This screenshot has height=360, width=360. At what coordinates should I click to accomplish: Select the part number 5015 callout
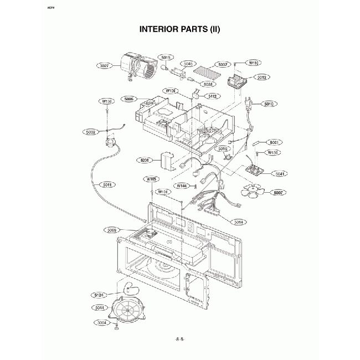pos(167,57)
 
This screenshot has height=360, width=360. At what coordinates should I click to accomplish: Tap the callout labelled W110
pos(254,63)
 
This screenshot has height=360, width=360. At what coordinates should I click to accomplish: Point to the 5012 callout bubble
pos(263,78)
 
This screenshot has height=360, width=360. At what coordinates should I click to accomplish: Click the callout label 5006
pos(129,99)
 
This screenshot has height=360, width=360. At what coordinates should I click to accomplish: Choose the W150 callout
pos(106,102)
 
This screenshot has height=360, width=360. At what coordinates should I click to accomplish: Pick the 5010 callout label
pos(270,104)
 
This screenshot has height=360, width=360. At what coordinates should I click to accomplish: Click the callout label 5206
pos(145,161)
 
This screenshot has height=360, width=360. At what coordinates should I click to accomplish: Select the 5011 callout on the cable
pos(108,184)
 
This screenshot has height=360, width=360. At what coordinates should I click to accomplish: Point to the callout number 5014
pos(239,222)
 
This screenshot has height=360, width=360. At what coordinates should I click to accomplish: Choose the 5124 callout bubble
pos(100,295)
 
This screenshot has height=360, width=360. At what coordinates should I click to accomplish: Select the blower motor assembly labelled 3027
pos(138,66)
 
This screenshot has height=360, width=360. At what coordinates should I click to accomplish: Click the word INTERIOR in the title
pos(160,29)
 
